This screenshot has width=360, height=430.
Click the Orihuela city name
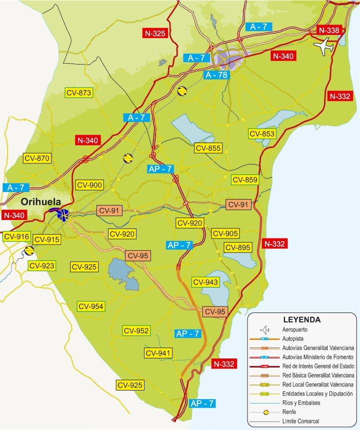[x=40, y=202]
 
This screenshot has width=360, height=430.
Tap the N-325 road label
[x=154, y=33]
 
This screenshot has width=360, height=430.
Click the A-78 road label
[x=216, y=75]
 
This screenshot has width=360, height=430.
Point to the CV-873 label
[x=79, y=92]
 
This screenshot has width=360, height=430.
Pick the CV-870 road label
[x=37, y=158]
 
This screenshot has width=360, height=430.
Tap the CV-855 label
[x=208, y=148]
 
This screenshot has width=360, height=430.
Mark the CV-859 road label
[x=244, y=180]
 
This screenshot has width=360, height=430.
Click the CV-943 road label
[x=205, y=282]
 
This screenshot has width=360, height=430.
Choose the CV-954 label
[x=90, y=306]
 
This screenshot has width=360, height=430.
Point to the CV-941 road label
[x=158, y=353]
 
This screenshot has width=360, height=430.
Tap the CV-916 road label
[x=16, y=236]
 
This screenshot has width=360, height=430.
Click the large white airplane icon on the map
[x=324, y=47]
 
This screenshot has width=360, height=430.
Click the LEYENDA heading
[x=301, y=319]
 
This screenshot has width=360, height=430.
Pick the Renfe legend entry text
[x=290, y=412]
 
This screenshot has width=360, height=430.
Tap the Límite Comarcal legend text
[x=300, y=421]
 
